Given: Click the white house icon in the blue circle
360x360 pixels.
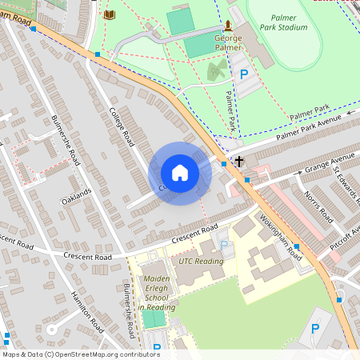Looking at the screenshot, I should (180, 173).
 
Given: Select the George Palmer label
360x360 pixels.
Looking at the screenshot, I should (229, 42).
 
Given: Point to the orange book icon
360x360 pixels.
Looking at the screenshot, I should (110, 14).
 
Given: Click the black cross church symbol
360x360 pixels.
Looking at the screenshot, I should (238, 162).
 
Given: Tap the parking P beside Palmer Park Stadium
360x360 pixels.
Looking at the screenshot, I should (245, 74).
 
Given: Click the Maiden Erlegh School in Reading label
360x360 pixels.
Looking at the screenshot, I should (157, 293).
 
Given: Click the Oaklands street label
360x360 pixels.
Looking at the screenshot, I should (77, 197).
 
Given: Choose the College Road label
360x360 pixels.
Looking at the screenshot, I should (122, 126).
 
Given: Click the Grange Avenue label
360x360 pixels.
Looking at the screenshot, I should (328, 163).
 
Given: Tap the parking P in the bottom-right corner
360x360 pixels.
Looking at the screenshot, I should (314, 329).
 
